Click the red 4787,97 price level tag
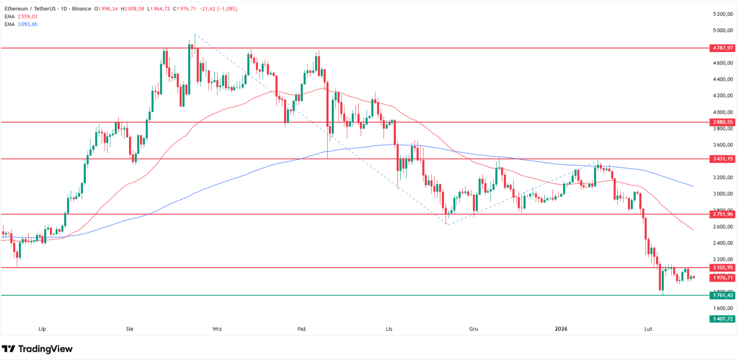tap(722, 48)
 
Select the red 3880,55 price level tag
tap(722, 122)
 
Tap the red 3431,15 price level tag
tap(722, 159)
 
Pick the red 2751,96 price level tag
tap(722, 214)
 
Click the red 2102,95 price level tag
tap(722, 267)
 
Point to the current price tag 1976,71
tap(722, 277)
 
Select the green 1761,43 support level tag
tap(722, 295)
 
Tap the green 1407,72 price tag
tap(722, 318)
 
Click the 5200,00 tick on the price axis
tap(723, 14)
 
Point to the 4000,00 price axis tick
tap(723, 112)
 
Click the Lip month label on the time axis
tap(42, 329)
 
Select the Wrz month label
tap(217, 329)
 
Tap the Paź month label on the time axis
tap(302, 329)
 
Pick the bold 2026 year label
tap(561, 329)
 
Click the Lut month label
tap(648, 329)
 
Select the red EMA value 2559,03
tap(27, 16)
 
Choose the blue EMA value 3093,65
tap(27, 24)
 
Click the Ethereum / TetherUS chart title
tap(30, 9)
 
